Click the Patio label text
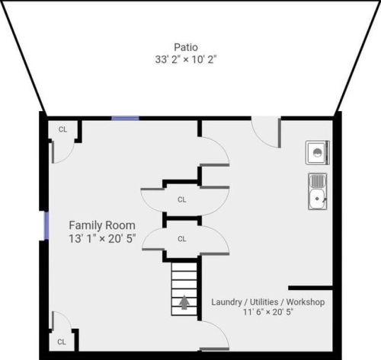tap(184, 45)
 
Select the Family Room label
tap(102, 225)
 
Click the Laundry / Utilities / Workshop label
tap(268, 302)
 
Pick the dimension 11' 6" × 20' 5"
tap(268, 312)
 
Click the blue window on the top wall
tap(125, 118)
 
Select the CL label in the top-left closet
tap(62, 129)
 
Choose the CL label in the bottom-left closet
tap(62, 342)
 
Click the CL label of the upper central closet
tap(182, 200)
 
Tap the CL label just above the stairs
tap(182, 238)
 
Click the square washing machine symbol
tap(317, 152)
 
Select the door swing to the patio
tap(266, 132)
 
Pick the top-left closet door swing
tap(62, 151)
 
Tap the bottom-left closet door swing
tap(61, 321)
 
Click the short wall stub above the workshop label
tap(310, 288)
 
